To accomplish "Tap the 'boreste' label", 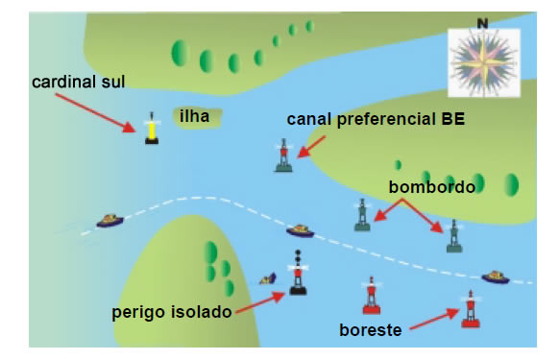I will point(371,331).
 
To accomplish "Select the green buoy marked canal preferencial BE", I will point(283,156).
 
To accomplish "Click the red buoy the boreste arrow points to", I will point(470,309).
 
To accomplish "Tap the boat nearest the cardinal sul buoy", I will point(110,221).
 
